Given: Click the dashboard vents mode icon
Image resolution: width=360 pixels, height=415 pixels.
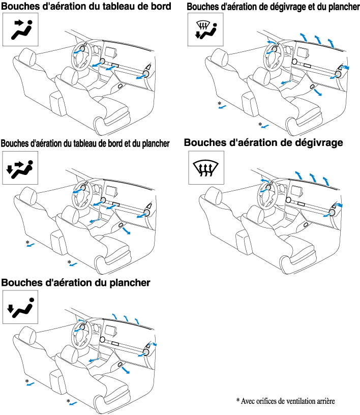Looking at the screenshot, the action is click(20, 29).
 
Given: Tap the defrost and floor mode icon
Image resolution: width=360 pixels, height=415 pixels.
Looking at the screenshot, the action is click(205, 29).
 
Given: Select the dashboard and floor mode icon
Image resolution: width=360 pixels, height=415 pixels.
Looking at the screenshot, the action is click(20, 168).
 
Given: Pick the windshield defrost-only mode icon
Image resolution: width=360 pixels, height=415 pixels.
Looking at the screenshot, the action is click(206, 167).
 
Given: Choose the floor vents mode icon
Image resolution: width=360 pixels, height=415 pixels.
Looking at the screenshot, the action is click(20, 307).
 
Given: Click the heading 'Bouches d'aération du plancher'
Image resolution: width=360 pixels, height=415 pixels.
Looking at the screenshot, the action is click(76, 283).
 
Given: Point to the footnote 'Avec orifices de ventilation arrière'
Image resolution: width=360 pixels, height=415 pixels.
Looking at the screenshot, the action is click(288, 401).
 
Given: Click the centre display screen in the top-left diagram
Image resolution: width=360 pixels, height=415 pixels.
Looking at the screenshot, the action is click(111, 51).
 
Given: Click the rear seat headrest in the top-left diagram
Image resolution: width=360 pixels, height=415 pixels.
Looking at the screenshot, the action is click(27, 56).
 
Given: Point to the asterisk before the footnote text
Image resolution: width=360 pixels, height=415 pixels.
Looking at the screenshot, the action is click(237, 400).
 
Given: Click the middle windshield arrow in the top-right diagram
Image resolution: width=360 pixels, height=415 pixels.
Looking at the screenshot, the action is click(318, 40).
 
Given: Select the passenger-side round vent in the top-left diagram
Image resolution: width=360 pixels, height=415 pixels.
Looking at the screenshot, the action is click(146, 73).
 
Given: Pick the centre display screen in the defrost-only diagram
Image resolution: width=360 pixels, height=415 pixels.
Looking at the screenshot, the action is click(296, 190).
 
